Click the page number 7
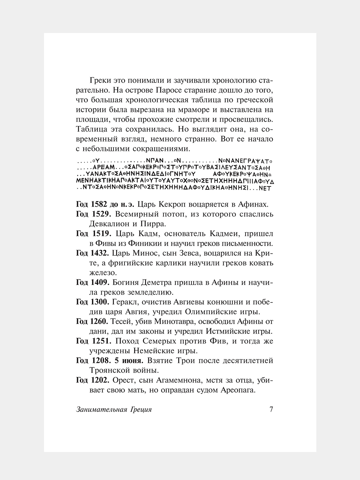[x=271, y=410]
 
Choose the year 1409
[x=99, y=283]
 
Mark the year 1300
[x=99, y=302]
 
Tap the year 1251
[x=99, y=341]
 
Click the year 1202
[x=99, y=380]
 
